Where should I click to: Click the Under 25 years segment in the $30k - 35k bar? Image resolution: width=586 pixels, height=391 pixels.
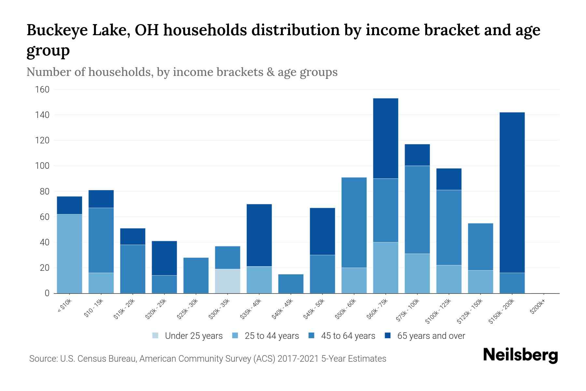[228, 281]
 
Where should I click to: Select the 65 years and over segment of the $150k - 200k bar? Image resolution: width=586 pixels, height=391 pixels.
[512, 192]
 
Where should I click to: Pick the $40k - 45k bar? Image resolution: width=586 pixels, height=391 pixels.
[291, 283]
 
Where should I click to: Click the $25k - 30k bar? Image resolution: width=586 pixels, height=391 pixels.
[196, 275]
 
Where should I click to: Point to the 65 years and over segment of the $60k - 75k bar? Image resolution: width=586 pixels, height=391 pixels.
[385, 138]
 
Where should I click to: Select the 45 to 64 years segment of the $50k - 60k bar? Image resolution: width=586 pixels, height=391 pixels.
[354, 223]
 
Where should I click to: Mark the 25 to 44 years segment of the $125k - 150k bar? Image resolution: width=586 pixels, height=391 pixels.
[481, 282]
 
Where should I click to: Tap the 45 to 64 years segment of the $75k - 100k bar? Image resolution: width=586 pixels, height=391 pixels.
[417, 210]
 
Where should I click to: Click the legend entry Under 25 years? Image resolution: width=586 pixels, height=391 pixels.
[194, 336]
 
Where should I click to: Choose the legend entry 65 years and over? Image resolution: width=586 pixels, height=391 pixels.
[431, 336]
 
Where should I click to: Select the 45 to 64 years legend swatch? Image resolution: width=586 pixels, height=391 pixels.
[312, 336]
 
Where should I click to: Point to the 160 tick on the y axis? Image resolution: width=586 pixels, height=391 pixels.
[42, 90]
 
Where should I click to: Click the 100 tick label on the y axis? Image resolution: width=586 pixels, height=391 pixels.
[42, 166]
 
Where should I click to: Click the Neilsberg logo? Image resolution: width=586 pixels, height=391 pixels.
[520, 355]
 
